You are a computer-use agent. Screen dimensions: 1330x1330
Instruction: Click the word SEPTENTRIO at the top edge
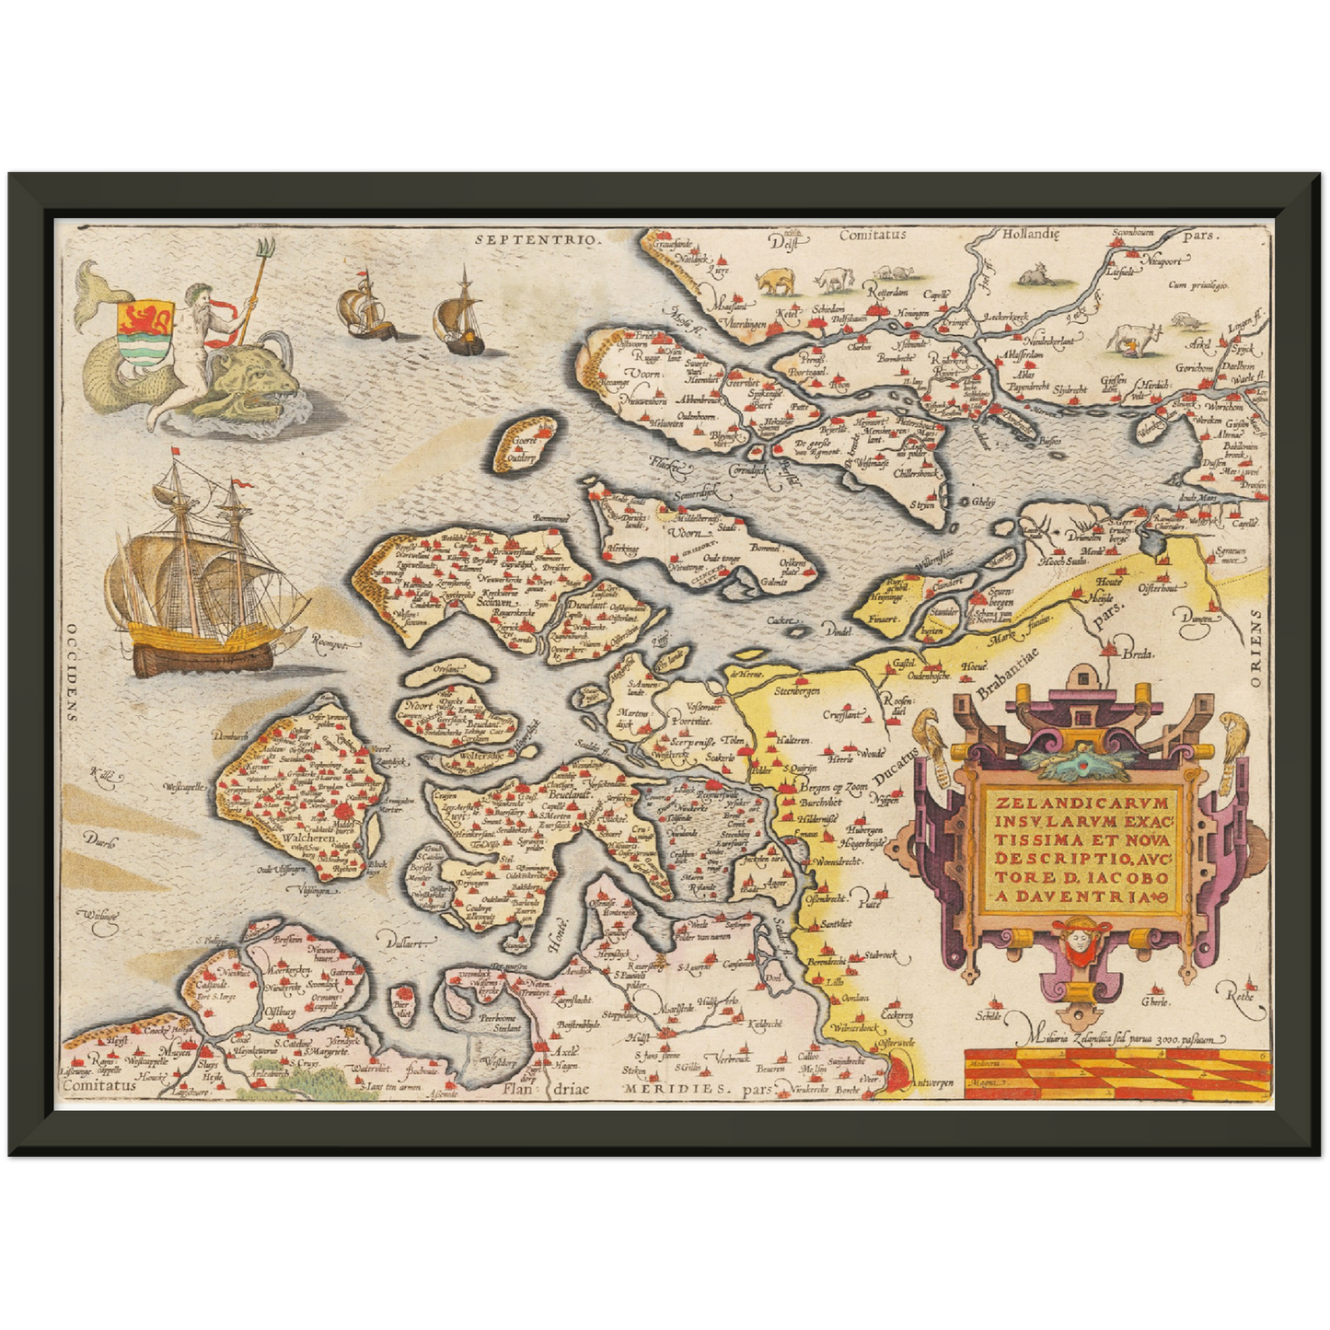pyautogui.click(x=538, y=238)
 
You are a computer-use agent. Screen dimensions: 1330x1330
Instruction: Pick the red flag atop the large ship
pyautogui.click(x=175, y=454)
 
